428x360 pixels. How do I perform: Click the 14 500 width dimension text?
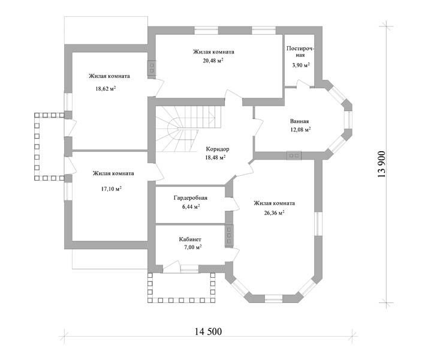[208, 331]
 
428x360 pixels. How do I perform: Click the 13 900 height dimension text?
[382, 164]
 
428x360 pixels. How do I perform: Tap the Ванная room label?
[300, 121]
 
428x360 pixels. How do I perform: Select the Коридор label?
[217, 149]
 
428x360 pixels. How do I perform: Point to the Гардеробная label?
[191, 198]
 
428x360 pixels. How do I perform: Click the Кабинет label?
[190, 239]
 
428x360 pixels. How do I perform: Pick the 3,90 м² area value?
[301, 65]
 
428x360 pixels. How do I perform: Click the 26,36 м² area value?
[274, 212]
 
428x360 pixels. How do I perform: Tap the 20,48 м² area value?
[213, 61]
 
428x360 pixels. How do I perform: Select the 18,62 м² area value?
[106, 88]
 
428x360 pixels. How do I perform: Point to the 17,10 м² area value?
[111, 188]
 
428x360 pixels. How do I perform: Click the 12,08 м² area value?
[300, 129]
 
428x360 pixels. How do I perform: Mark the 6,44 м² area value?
[191, 206]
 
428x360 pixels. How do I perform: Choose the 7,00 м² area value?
[192, 247]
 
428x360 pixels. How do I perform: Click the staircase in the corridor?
[188, 129]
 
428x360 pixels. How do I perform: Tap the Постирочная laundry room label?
[300, 52]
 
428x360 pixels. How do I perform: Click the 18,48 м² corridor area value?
[215, 157]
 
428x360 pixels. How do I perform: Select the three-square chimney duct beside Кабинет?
[229, 235]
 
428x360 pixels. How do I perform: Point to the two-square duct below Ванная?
[294, 155]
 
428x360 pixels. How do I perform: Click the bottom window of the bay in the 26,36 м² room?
[274, 299]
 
